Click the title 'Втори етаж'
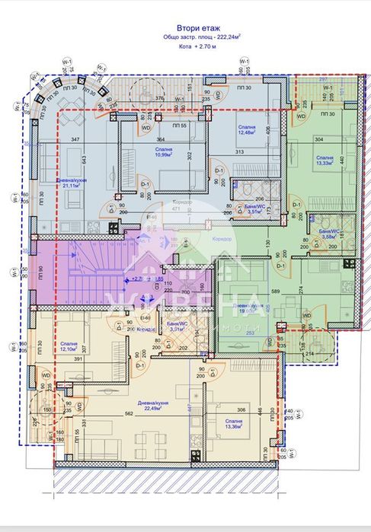188,25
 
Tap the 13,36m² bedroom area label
233,423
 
